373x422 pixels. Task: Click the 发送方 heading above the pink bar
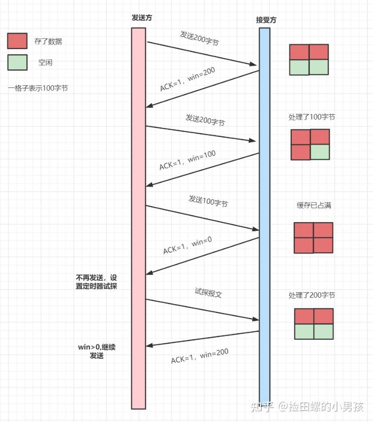point(138,18)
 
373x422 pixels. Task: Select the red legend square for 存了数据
point(17,41)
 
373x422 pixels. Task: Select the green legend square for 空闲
point(17,62)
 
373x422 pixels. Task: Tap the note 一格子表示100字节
point(38,88)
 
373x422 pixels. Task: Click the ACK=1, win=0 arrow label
point(188,245)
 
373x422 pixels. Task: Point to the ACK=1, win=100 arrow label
point(188,160)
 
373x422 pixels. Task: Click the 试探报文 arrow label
point(208,293)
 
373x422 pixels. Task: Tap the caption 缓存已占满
point(314,205)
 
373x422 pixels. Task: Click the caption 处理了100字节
point(312,117)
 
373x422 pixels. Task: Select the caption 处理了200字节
point(312,295)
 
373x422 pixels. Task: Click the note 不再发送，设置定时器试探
point(96,282)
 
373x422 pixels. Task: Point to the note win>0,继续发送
point(97,351)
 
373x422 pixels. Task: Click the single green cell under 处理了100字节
point(319,152)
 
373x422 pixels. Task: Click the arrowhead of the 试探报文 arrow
point(255,320)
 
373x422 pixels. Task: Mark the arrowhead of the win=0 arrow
point(149,273)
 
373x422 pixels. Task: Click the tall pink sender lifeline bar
point(138,220)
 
